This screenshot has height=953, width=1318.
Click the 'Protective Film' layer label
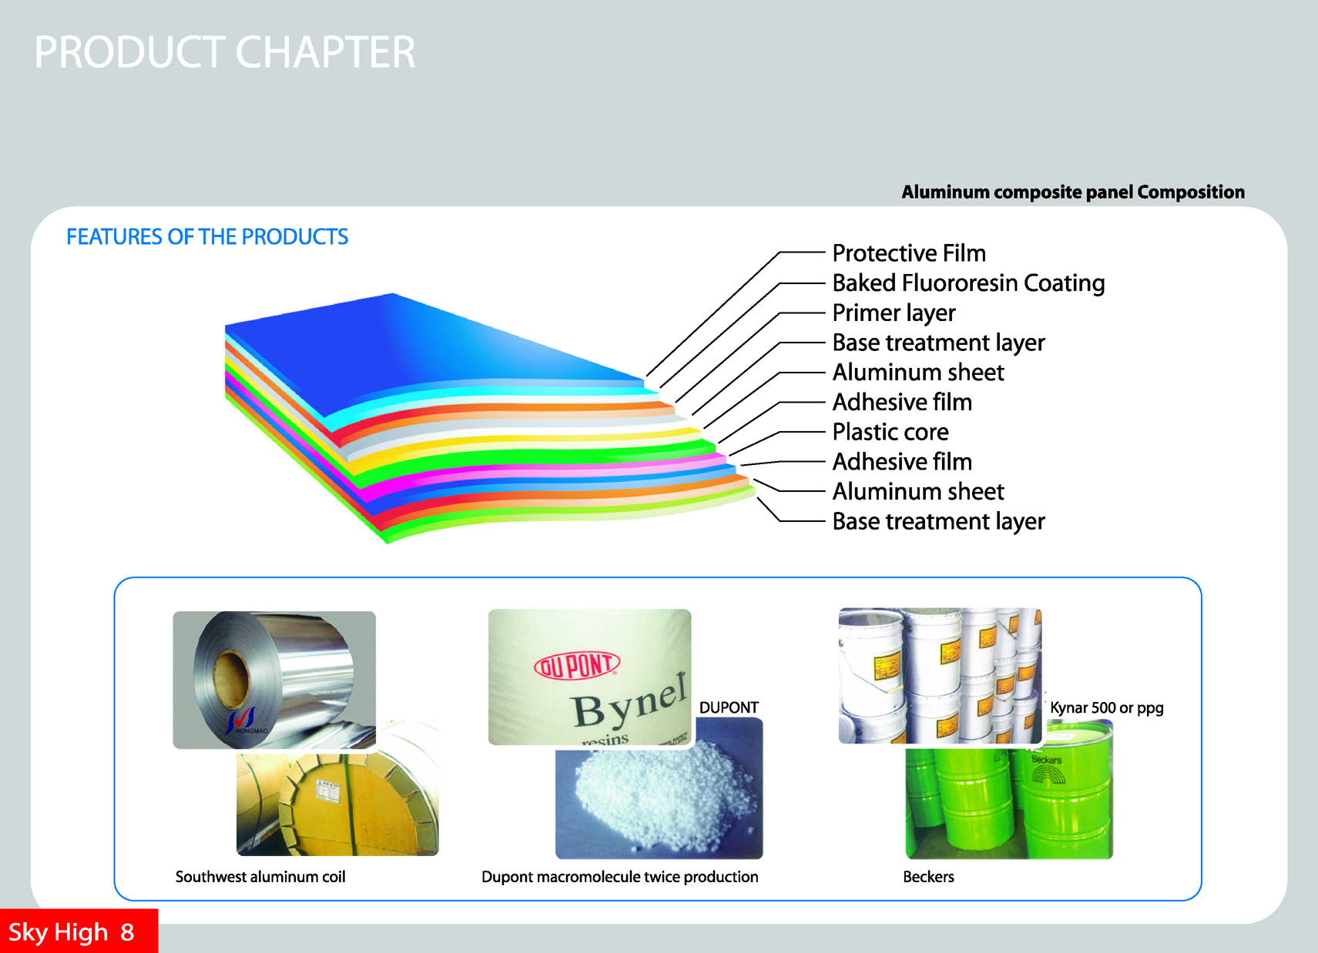(x=909, y=253)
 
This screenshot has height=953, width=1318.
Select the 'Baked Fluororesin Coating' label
(x=968, y=283)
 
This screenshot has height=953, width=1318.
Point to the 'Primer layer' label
(x=894, y=313)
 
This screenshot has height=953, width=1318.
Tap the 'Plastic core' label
(x=890, y=432)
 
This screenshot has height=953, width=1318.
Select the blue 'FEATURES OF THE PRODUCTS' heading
(x=207, y=237)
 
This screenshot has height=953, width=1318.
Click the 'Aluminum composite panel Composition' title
(x=1072, y=192)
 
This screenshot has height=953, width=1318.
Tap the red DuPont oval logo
(x=577, y=666)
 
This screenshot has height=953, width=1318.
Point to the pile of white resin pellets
(x=664, y=793)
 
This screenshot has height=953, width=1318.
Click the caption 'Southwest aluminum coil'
(x=260, y=877)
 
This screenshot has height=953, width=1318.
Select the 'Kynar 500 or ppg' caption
(x=1107, y=708)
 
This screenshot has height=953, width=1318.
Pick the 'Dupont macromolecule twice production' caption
(x=619, y=877)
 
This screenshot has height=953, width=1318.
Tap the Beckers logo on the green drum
(x=1048, y=769)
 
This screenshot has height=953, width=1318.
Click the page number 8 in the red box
(x=127, y=932)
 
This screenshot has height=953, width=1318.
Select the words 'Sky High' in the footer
(x=58, y=933)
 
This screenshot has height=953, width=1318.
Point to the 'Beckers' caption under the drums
(x=928, y=877)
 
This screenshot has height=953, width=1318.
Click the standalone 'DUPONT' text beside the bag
(x=729, y=708)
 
